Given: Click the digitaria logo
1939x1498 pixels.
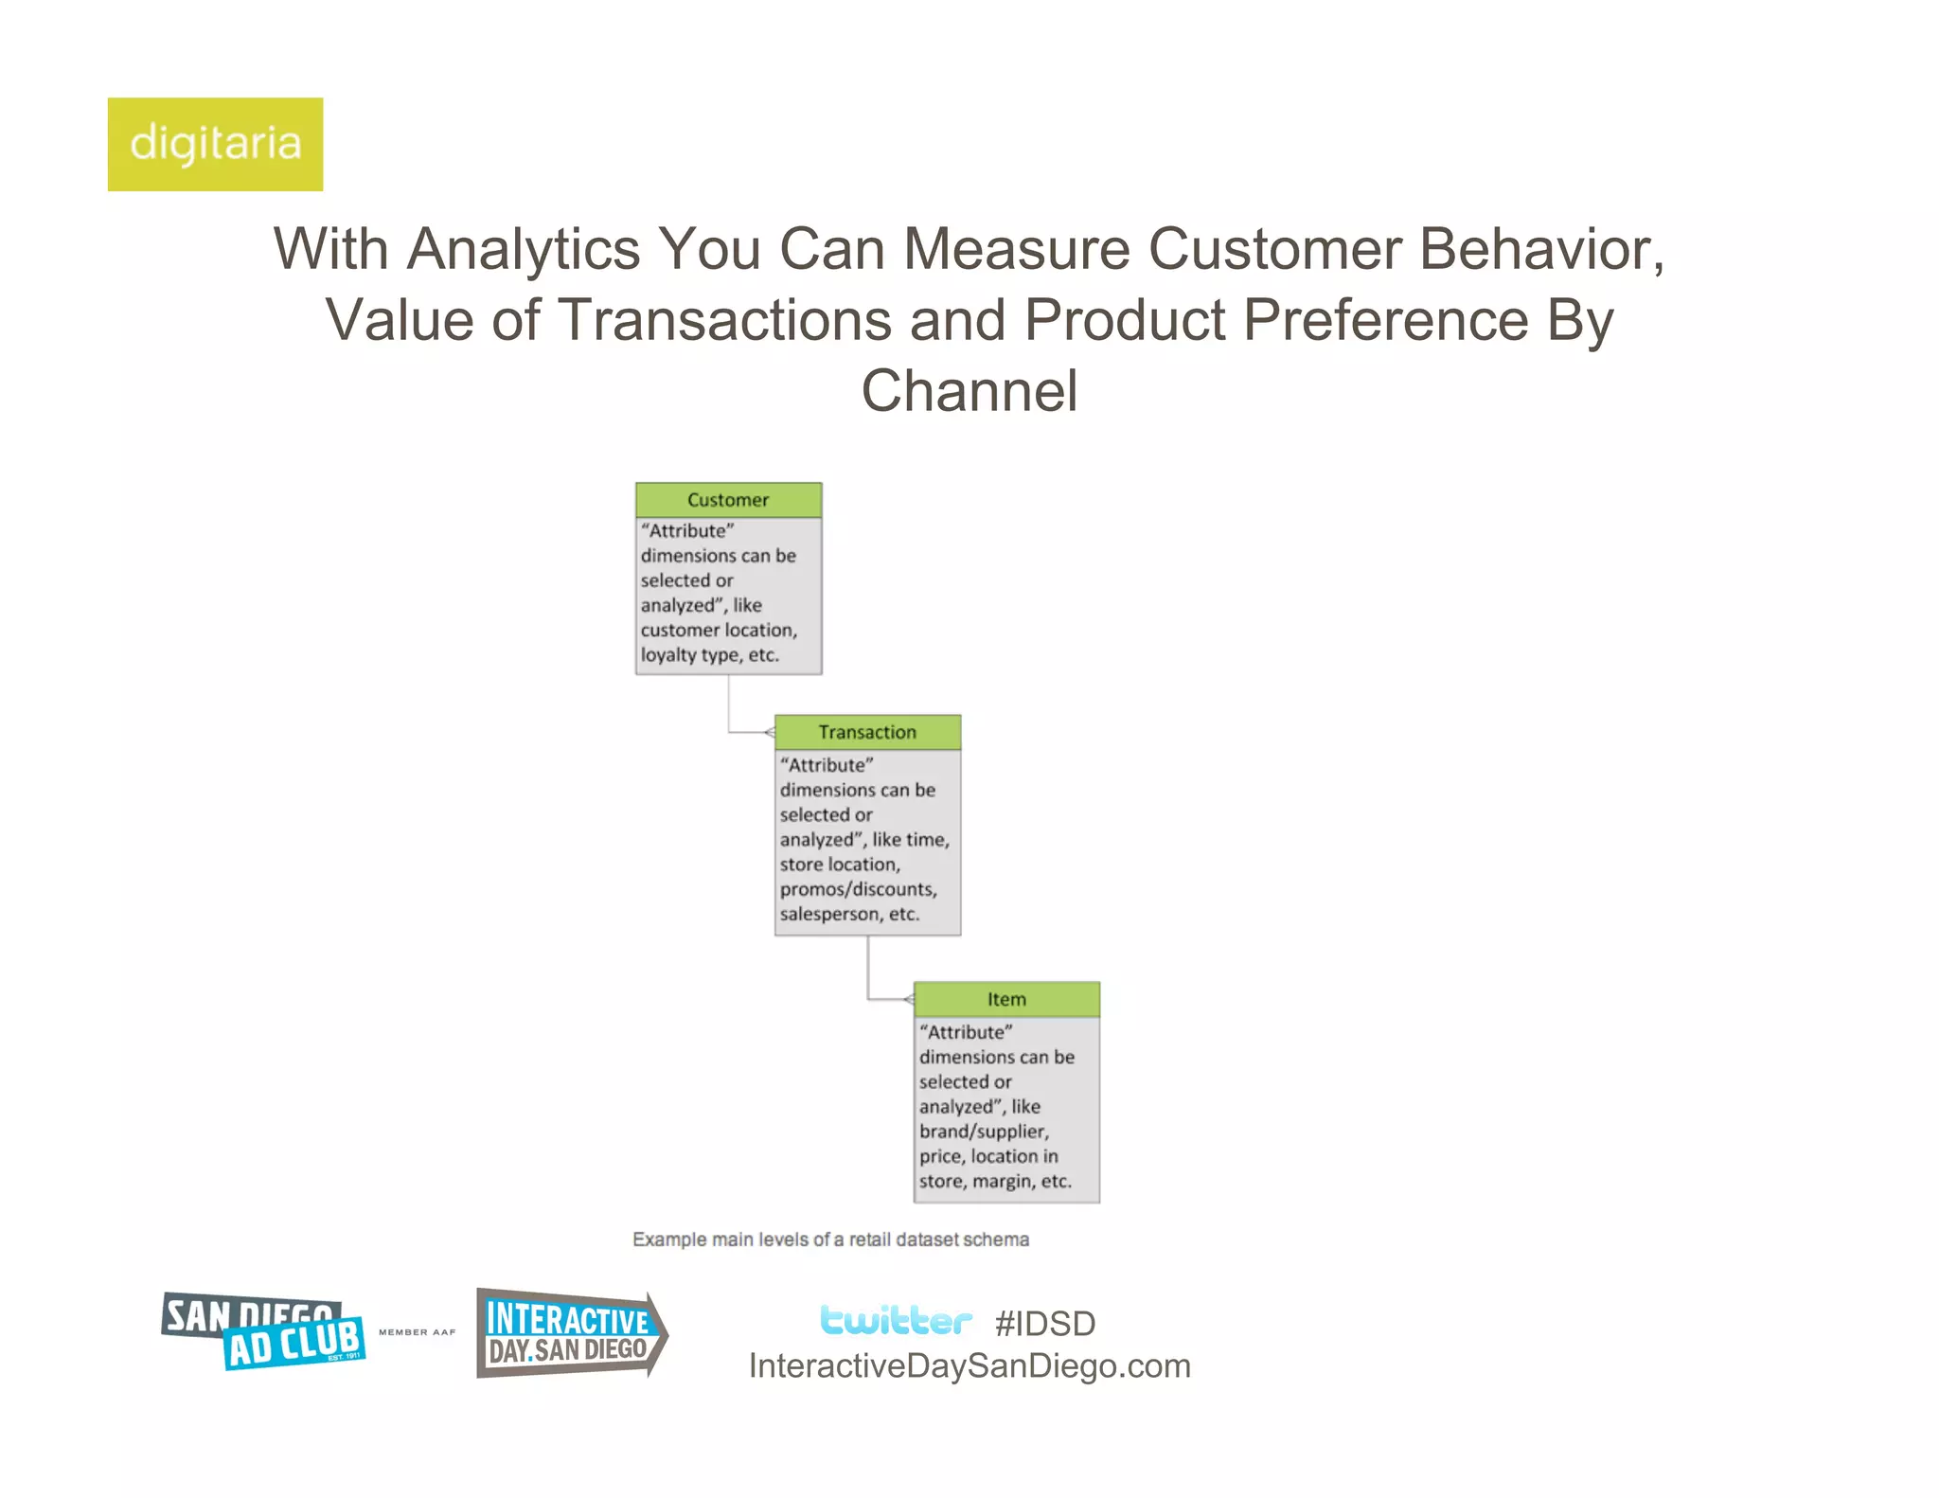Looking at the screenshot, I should pos(215,144).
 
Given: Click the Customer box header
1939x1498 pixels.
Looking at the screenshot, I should pos(728,500).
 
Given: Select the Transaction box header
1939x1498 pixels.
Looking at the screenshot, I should pos(867,732).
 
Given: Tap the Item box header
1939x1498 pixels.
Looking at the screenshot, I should pos(1006,999).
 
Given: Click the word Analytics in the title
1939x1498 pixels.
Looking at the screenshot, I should pos(524,249).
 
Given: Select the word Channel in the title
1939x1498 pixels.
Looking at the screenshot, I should pos(969,390).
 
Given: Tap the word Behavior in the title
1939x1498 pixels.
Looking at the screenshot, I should pos(1541,249).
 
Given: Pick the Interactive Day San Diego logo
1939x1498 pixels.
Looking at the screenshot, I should pos(571,1333).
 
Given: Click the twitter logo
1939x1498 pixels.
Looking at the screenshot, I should pos(895,1320).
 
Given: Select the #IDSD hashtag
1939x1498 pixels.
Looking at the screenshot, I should pos(1045,1323).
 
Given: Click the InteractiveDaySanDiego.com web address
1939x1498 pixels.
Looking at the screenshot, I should pos(969,1365).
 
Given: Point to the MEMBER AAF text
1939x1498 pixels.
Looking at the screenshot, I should pos(417,1332).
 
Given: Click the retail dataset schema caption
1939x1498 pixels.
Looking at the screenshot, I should pos(830,1239).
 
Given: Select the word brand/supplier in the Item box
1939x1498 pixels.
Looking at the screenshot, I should pos(983,1132).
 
